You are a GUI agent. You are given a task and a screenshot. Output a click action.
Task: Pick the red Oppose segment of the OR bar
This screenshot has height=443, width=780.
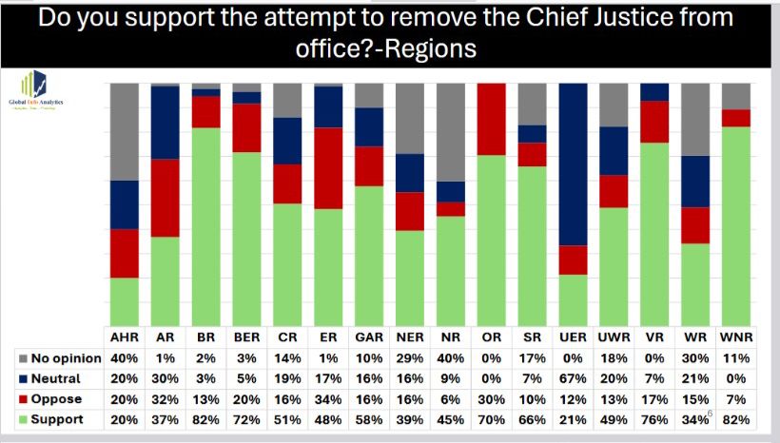click(x=492, y=119)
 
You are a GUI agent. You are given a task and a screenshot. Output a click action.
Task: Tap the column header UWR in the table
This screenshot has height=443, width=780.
click(x=614, y=337)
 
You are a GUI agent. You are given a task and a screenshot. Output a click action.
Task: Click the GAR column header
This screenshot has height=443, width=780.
click(x=369, y=337)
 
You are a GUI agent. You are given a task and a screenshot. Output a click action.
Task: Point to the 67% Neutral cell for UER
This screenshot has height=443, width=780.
click(x=574, y=378)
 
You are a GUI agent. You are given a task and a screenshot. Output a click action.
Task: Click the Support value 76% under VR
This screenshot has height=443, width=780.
click(x=654, y=418)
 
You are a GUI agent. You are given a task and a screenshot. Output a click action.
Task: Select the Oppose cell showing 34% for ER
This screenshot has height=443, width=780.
click(x=328, y=398)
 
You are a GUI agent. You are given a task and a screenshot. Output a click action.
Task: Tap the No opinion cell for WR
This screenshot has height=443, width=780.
click(x=695, y=358)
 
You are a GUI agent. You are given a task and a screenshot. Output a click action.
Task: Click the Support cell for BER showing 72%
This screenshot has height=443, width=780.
click(x=247, y=418)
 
